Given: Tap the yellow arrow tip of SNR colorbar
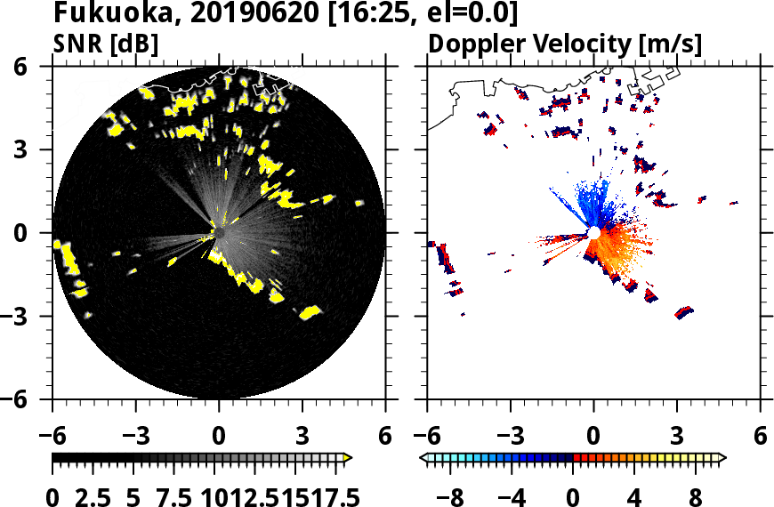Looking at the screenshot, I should point(349,458).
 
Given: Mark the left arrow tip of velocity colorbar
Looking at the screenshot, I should point(423,458).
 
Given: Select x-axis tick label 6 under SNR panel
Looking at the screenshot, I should point(385,436).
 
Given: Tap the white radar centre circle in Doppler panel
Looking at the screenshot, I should point(593,233).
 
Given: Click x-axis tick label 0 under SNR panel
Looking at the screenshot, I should point(219,436).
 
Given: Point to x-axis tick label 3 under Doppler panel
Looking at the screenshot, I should point(677,436).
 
